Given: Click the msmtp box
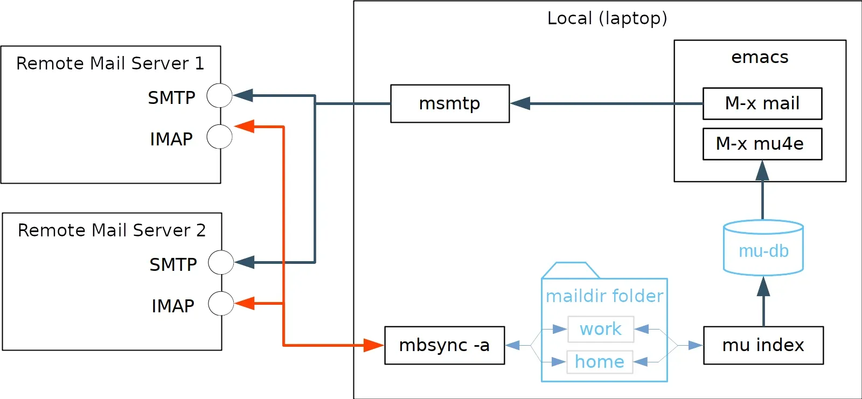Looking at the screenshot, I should point(450,103).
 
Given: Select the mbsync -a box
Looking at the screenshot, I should point(444,345).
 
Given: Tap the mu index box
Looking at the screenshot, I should point(763,345).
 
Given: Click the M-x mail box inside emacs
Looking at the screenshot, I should point(762,103).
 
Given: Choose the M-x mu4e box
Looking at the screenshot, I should point(762,144).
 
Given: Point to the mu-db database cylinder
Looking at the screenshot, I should point(763,248).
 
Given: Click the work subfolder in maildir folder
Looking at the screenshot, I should point(601,329).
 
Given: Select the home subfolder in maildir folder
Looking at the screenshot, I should point(600,362).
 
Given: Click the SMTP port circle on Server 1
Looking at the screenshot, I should point(220,96).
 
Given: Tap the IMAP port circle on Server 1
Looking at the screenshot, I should point(220,137).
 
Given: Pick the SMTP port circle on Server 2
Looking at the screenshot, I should point(221,263).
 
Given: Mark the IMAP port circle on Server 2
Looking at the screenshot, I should point(221,304).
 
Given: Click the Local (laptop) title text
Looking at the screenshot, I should point(607,18).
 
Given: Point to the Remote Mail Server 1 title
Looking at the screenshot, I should point(110,64).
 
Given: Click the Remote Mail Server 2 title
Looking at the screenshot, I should point(112,230).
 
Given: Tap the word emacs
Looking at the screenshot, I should point(760,57).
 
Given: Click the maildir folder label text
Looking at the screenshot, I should point(604,296).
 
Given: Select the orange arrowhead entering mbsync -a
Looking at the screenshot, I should point(373,345).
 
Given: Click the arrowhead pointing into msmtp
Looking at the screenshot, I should point(520,103).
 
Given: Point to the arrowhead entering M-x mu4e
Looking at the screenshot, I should point(762,171).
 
